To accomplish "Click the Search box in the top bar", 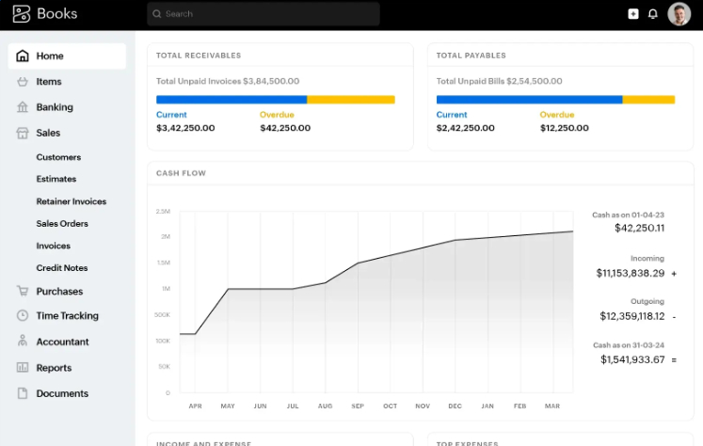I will click(x=263, y=14).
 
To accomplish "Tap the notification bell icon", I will click(x=653, y=14).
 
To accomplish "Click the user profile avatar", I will click(x=679, y=14).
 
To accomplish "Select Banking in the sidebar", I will click(x=54, y=107).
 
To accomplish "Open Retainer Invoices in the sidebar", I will click(x=71, y=201).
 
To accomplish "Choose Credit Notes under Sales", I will click(x=61, y=268).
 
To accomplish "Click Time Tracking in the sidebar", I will click(x=67, y=316).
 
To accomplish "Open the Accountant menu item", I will click(x=62, y=342).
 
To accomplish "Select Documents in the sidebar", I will click(x=62, y=393).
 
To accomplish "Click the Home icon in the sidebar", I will click(x=23, y=56).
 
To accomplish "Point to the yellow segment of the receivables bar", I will click(x=351, y=99).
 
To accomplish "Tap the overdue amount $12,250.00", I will click(x=567, y=128).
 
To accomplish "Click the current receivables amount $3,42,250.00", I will click(x=185, y=128).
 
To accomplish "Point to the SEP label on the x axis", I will click(x=358, y=406).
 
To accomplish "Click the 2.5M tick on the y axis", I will click(x=163, y=212).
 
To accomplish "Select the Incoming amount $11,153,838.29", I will click(x=630, y=273).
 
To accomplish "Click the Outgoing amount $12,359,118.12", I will click(x=631, y=316).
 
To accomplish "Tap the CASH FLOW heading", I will click(x=181, y=173).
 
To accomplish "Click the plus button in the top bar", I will click(x=633, y=14).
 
